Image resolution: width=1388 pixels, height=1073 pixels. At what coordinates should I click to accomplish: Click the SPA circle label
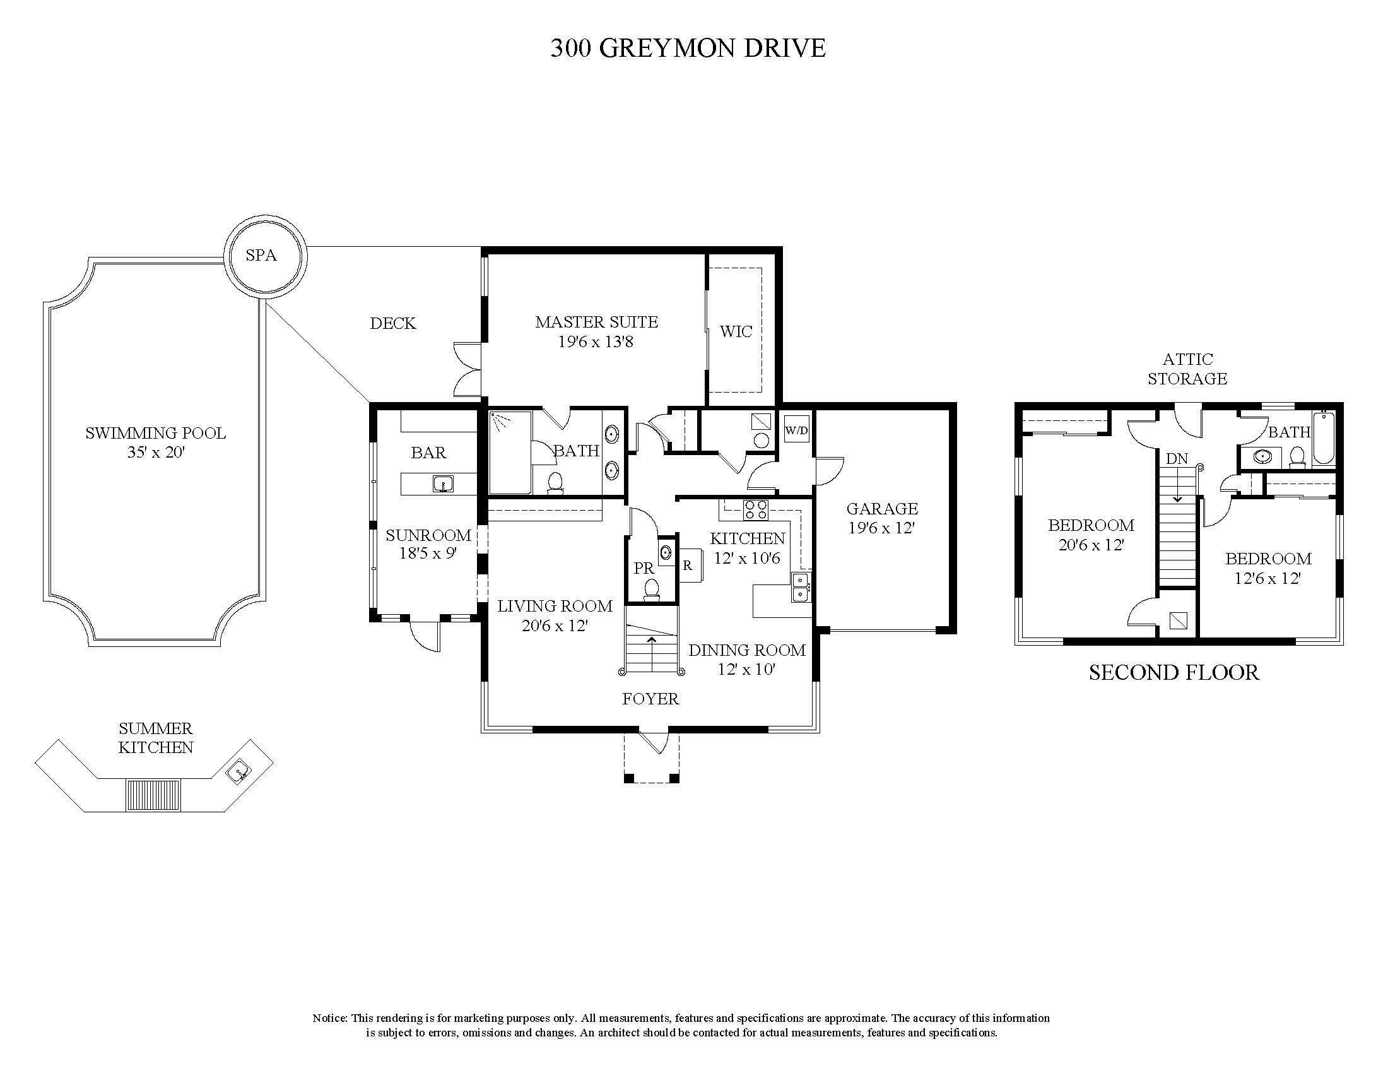click(x=261, y=256)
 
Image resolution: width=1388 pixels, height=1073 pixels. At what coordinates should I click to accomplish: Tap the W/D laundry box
click(x=797, y=430)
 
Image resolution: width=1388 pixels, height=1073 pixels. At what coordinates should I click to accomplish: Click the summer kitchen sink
click(x=238, y=773)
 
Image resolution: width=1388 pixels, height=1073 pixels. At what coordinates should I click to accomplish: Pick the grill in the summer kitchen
click(x=153, y=795)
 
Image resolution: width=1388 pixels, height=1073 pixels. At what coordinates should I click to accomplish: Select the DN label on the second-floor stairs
click(x=1177, y=458)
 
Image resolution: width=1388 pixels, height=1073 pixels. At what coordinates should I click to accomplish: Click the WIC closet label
click(x=736, y=331)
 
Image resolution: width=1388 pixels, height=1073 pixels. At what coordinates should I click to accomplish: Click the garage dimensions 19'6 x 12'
click(x=881, y=528)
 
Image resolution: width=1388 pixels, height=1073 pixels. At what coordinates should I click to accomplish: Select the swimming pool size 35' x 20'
click(x=156, y=453)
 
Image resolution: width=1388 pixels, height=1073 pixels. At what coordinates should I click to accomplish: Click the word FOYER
click(x=650, y=699)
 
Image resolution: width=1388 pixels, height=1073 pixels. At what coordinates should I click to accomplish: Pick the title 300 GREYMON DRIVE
click(x=688, y=49)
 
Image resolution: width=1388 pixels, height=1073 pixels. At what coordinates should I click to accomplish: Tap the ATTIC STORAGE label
click(x=1187, y=369)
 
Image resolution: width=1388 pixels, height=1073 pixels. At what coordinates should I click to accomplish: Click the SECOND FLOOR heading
click(x=1174, y=673)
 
